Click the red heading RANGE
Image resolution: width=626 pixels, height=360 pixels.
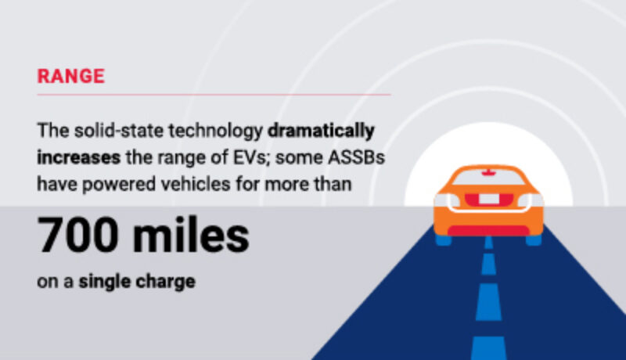pos(70,76)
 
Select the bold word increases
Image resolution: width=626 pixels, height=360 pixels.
pos(78,157)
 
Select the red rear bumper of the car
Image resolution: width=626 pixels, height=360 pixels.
pos(487,229)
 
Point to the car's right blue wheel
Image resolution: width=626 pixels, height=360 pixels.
pos(533,238)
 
